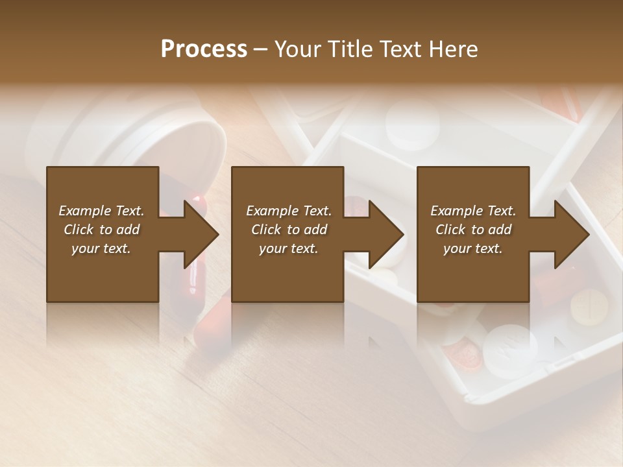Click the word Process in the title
click(204, 49)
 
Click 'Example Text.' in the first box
click(101, 211)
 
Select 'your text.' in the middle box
click(288, 248)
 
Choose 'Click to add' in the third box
click(474, 230)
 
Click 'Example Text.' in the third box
click(473, 211)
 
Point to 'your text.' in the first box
click(101, 248)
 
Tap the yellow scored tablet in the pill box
click(589, 305)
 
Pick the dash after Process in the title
click(260, 49)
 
